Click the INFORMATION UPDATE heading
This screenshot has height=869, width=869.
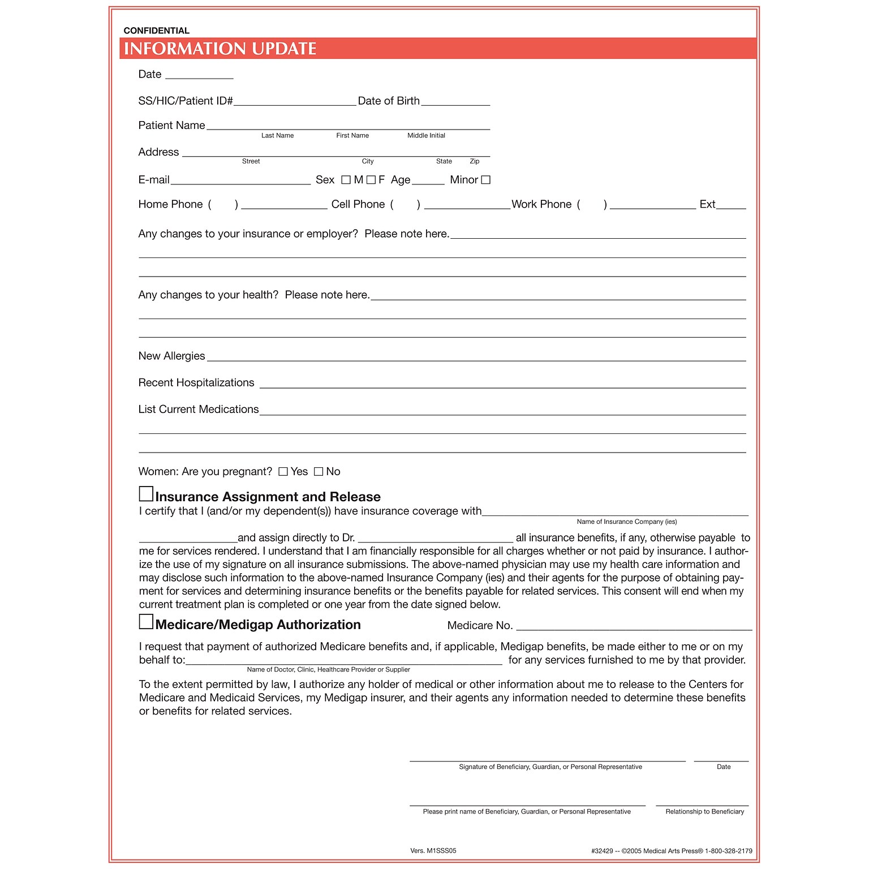220,49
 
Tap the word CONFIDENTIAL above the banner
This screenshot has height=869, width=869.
156,31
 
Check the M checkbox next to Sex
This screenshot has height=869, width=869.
346,180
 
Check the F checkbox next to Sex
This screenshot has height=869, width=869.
371,180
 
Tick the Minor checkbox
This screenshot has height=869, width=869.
485,180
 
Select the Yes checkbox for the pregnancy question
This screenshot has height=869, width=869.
283,472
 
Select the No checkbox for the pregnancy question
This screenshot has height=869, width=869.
319,472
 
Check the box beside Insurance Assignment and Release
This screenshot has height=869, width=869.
146,494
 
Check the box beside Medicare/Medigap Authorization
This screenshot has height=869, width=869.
146,622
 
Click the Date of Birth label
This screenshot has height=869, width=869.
389,101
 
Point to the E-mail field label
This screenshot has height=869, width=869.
154,180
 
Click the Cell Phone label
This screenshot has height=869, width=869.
358,204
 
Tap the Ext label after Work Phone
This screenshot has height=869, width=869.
707,204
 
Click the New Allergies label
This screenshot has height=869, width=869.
171,356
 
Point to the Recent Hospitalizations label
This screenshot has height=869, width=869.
196,382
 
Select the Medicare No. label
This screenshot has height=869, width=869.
480,625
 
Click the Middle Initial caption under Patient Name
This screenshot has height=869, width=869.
426,136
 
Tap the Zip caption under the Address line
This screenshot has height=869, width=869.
474,161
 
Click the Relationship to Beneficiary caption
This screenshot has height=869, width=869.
704,811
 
